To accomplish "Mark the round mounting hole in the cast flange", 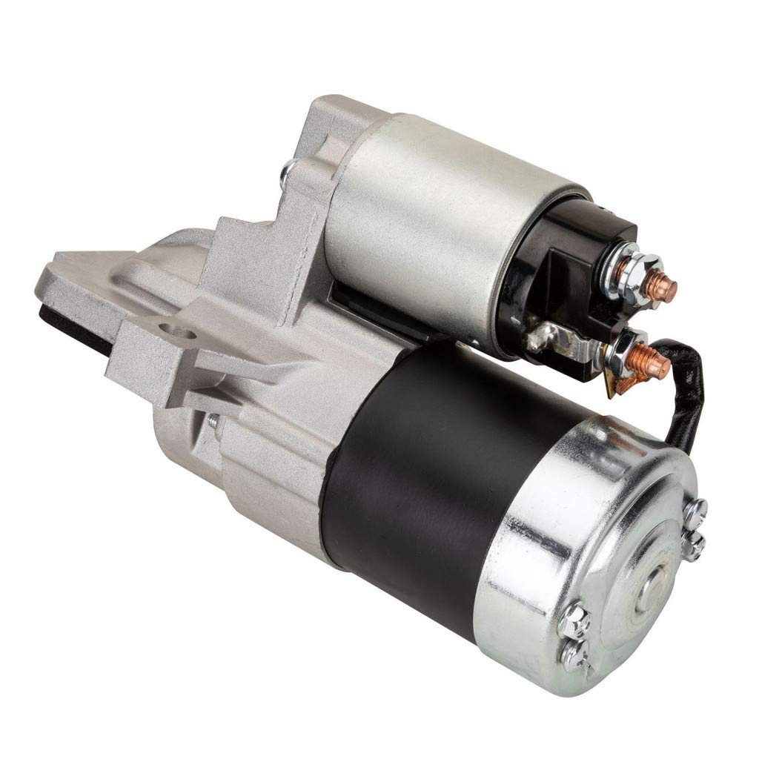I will pyautogui.click(x=172, y=327).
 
